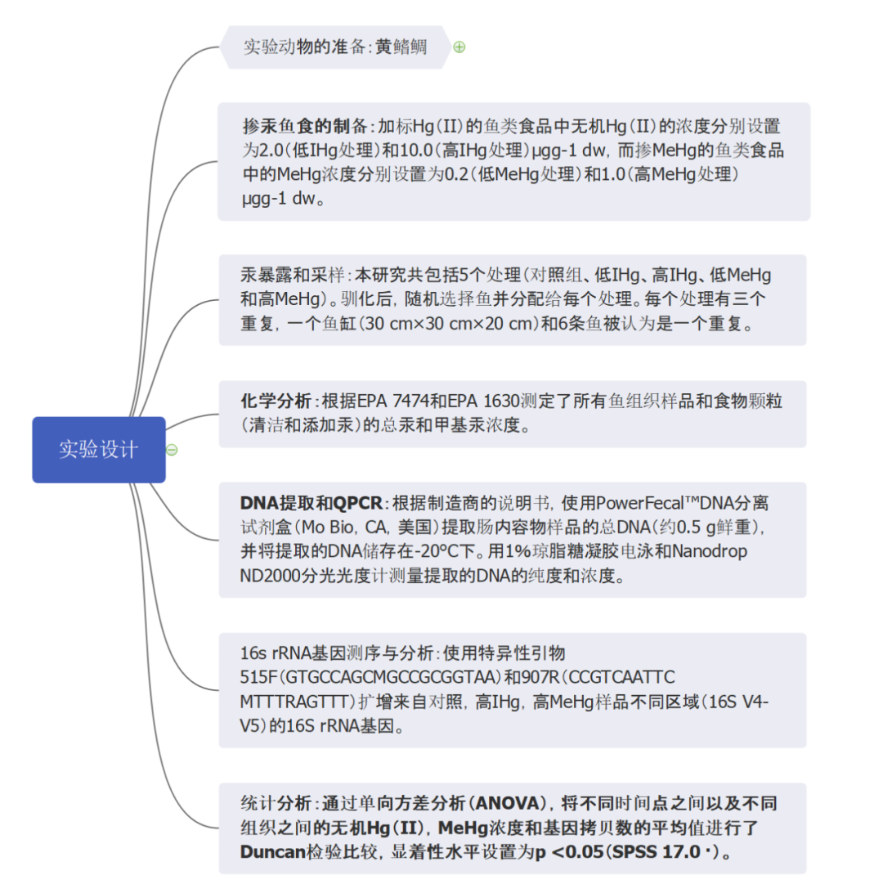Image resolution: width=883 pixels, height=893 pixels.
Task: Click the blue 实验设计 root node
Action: pyautogui.click(x=98, y=449)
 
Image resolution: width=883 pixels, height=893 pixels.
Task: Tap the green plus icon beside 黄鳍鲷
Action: pyautogui.click(x=459, y=47)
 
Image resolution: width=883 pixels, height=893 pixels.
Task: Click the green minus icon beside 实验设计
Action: pyautogui.click(x=172, y=450)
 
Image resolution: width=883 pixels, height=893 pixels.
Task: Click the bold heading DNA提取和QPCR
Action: pyautogui.click(x=312, y=502)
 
